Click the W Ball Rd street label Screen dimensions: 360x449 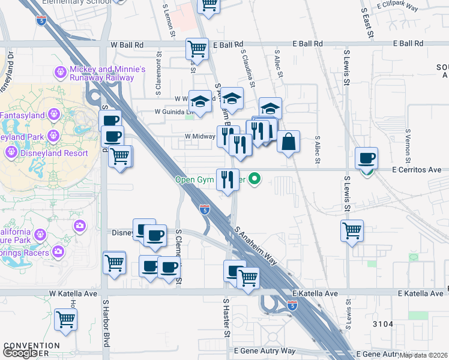click(127, 44)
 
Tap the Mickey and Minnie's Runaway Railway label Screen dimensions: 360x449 click(107, 73)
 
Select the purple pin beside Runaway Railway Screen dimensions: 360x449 click(61, 73)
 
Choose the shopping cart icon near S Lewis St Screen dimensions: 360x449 click(352, 230)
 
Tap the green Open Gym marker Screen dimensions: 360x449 click(255, 178)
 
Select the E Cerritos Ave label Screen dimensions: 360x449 click(417, 170)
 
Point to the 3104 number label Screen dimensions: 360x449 click(382, 324)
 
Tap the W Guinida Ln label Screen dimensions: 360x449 click(173, 112)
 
